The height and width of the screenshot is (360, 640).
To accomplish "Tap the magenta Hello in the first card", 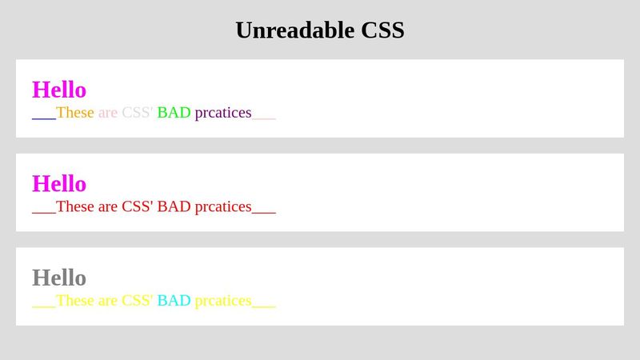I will click(59, 90).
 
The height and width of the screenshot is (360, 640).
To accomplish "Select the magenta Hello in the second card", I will click(59, 183).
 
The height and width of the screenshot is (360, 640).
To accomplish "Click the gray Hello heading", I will click(59, 278).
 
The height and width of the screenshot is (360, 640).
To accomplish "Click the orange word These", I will click(75, 113).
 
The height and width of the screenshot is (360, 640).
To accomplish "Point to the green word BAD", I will click(174, 113).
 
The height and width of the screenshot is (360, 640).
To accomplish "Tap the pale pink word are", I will click(108, 113).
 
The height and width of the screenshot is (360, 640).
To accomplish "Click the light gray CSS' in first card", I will click(138, 113).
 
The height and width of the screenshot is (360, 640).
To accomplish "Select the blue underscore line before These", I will click(44, 116).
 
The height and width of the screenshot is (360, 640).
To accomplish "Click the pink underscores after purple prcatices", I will click(264, 116).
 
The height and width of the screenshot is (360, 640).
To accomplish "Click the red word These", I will click(75, 206).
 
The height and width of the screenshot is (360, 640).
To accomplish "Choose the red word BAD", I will click(174, 206).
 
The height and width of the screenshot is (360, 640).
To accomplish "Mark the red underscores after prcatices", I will click(264, 210).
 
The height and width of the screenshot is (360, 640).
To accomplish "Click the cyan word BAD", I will click(174, 301).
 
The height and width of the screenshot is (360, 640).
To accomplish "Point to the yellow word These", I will click(75, 301).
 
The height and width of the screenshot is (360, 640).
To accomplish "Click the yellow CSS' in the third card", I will click(138, 301).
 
